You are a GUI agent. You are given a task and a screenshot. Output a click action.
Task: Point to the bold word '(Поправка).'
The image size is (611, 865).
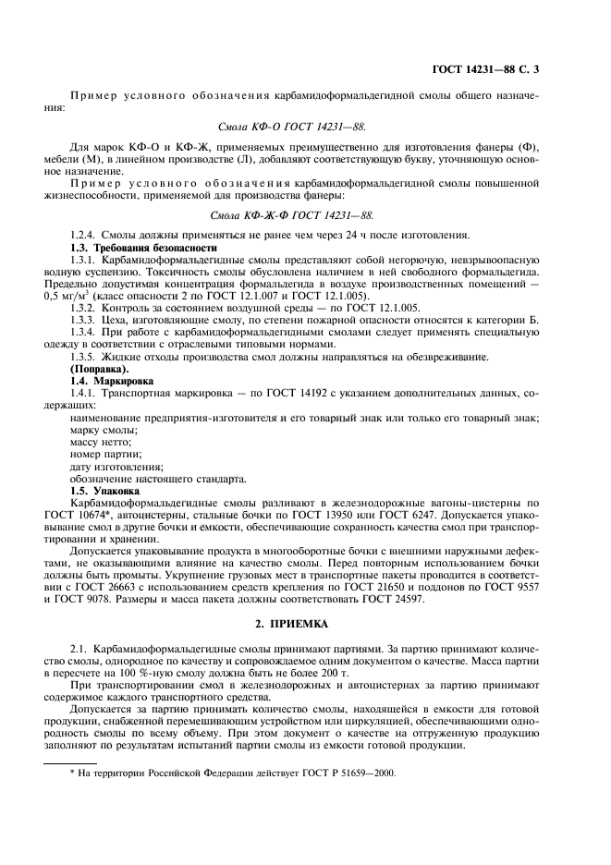click(100, 370)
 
